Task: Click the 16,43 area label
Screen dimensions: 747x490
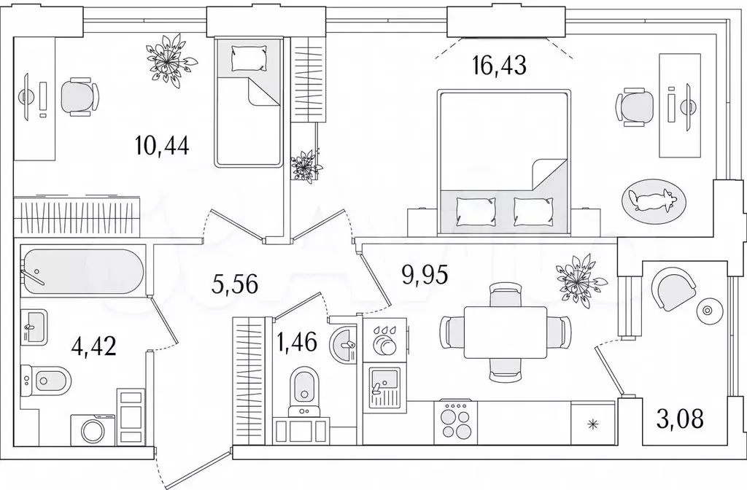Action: [499, 66]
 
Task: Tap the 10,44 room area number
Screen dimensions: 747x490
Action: [162, 145]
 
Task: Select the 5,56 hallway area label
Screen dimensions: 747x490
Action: [234, 284]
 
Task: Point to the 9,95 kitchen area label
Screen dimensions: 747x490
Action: [425, 275]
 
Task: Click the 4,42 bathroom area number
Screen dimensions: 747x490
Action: [93, 346]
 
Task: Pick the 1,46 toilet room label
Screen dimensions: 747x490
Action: [296, 342]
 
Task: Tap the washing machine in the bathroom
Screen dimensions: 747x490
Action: [93, 430]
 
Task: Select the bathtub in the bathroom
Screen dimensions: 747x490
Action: [82, 271]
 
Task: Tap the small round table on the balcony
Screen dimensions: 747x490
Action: [706, 311]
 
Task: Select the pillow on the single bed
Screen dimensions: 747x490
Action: [248, 58]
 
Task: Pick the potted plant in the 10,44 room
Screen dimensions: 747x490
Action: [170, 61]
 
